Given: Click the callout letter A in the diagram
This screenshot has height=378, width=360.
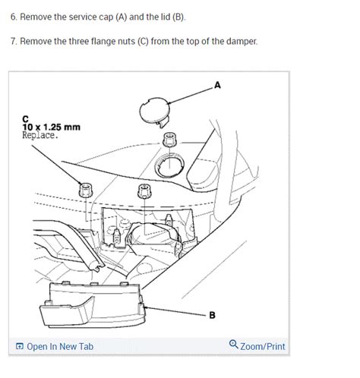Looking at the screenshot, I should tap(218, 85).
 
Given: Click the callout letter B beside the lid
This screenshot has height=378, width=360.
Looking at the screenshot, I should tap(218, 313).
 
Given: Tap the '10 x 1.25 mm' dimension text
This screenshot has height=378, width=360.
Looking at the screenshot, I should tap(52, 127).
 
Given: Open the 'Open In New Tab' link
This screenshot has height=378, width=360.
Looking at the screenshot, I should tap(60, 347).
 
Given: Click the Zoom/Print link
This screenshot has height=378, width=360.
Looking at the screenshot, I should tap(263, 347).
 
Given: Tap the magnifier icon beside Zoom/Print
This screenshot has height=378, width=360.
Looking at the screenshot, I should tap(233, 346).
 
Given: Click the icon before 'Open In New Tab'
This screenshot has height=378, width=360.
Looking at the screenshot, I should tap(19, 347).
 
